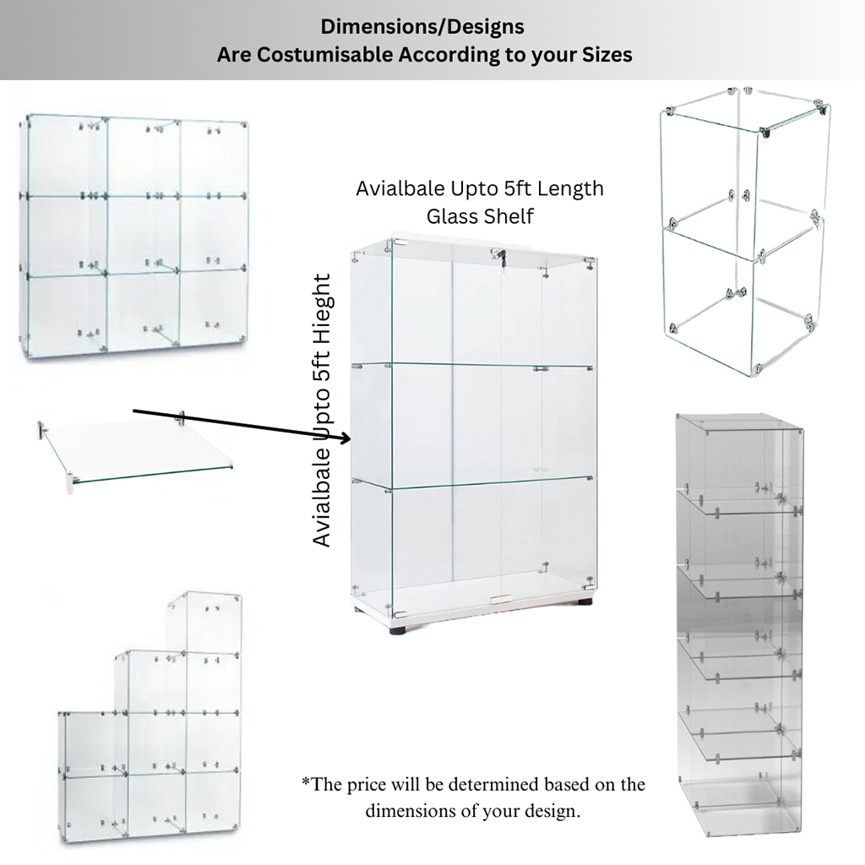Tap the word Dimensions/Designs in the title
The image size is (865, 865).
422,26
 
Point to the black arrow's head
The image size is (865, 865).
345,438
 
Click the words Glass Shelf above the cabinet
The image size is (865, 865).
480,216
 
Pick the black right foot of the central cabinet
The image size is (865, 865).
584,602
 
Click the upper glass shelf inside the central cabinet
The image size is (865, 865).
473,365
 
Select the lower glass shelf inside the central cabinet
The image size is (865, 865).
473,482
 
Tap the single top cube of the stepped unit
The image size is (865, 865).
205,623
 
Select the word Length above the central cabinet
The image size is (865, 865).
570,188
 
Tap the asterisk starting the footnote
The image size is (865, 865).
306,781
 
